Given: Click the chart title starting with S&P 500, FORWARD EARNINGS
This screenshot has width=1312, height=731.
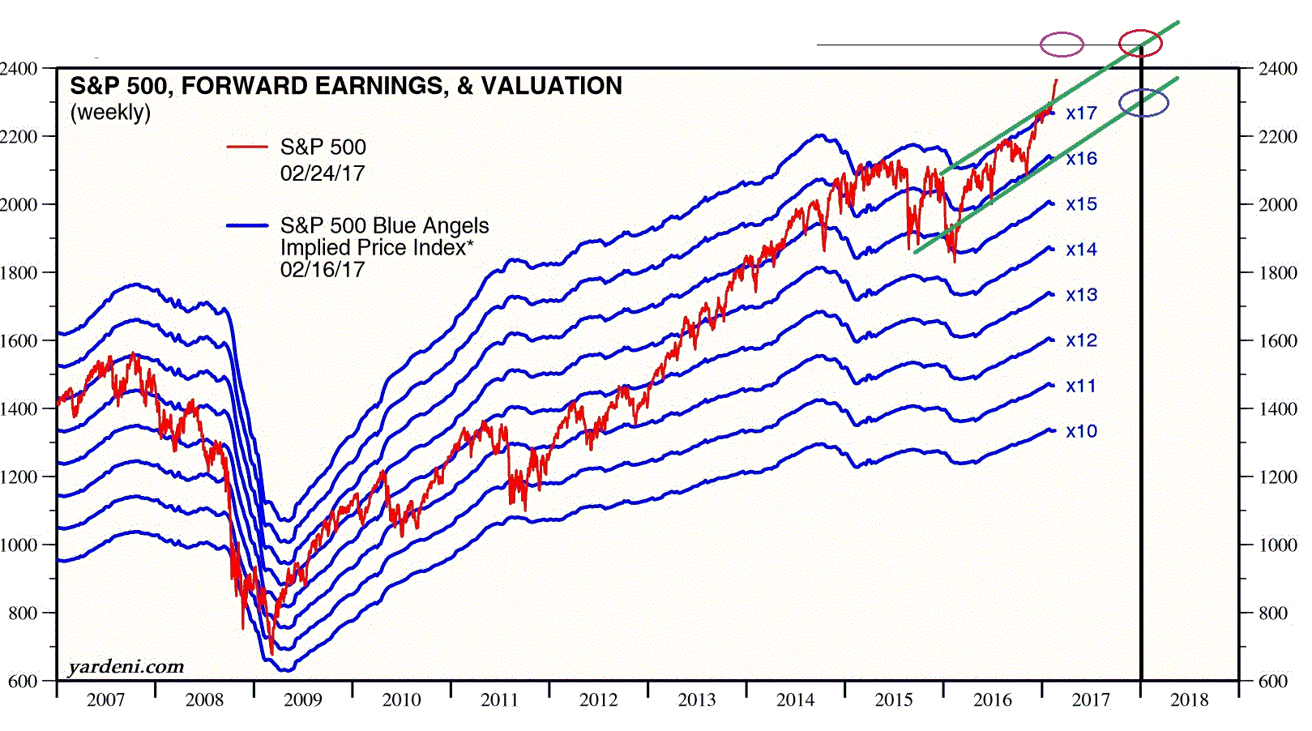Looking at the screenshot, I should [x=346, y=86].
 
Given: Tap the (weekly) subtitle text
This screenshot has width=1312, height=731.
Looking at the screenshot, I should [x=110, y=112].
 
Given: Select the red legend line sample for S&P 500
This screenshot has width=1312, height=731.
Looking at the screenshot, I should [x=247, y=147].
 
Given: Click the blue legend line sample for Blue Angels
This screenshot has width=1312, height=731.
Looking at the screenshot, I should [x=247, y=225].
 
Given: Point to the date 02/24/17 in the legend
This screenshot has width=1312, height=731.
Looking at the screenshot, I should [x=323, y=173].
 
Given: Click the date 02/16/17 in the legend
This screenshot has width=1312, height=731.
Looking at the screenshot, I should [x=323, y=270].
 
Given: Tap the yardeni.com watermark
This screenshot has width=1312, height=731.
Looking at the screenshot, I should [x=126, y=667].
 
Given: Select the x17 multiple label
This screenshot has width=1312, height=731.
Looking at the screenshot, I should [x=1081, y=113].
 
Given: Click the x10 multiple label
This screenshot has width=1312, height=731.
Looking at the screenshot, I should [x=1081, y=431].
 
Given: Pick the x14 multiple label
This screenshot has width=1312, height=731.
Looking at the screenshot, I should [x=1081, y=250].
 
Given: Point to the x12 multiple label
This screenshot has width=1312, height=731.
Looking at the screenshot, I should [x=1081, y=340].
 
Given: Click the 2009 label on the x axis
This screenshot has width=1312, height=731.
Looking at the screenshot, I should [x=302, y=700].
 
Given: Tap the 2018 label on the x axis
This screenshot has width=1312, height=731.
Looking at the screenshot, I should [x=1189, y=700].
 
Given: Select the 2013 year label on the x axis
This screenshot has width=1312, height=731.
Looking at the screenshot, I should [x=697, y=700].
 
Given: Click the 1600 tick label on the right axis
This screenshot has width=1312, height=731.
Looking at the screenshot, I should [x=1278, y=341].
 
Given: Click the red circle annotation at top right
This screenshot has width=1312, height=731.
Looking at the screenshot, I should [x=1140, y=44].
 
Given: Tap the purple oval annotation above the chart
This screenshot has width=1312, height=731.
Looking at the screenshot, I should [x=1062, y=45].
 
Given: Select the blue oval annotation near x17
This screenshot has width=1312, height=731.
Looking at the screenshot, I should [x=1143, y=103].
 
